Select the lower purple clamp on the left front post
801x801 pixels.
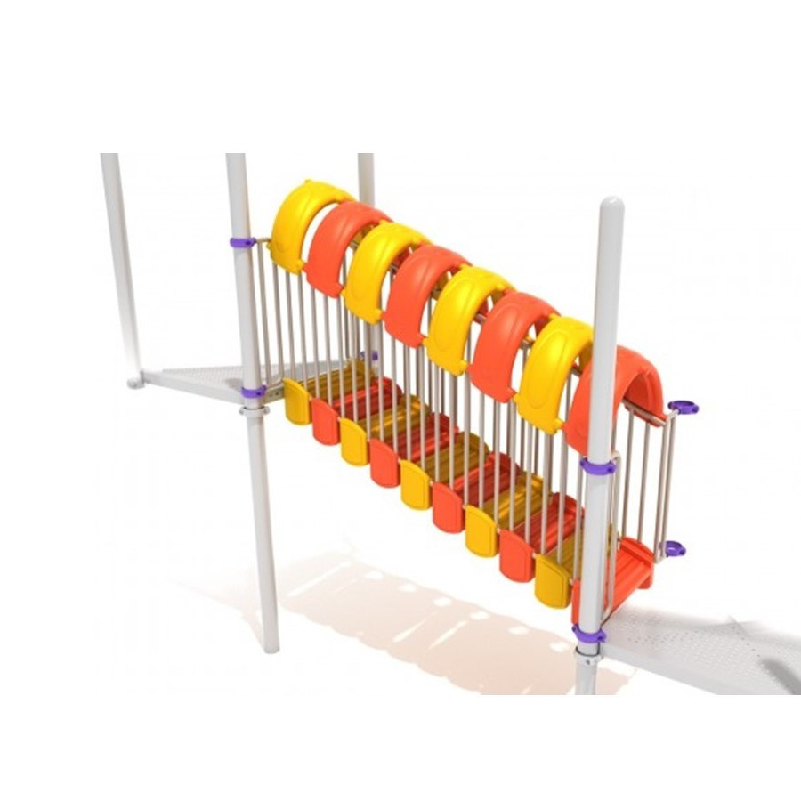pyautogui.click(x=253, y=392)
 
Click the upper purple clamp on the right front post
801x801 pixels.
pyautogui.click(x=597, y=465)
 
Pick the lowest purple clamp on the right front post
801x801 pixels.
pyautogui.click(x=588, y=634)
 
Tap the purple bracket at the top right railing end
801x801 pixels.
pyautogui.click(x=684, y=407)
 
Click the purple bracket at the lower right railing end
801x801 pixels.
pyautogui.click(x=675, y=548)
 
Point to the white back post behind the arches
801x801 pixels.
pyautogui.click(x=366, y=178)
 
